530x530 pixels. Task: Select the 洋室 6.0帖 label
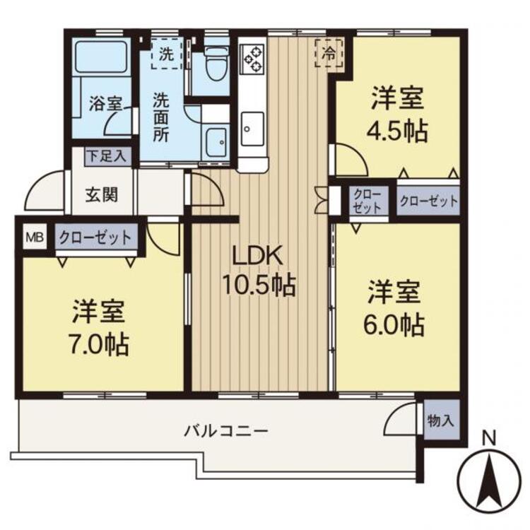point(394,309)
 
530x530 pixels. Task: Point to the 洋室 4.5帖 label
point(399,114)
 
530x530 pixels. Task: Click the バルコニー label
point(226,430)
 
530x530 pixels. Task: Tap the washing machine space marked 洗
point(166,54)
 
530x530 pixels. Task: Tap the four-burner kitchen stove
point(252,60)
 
